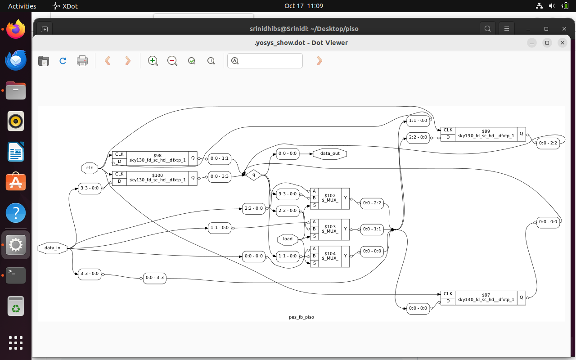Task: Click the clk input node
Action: click(90, 168)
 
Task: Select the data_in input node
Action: click(52, 248)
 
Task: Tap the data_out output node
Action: click(330, 153)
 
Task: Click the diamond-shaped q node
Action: click(253, 175)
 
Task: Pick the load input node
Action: click(288, 239)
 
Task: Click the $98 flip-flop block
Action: click(157, 158)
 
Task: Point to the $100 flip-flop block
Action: click(157, 178)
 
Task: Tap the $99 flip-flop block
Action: click(486, 134)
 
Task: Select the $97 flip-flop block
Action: click(486, 297)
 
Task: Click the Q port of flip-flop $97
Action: click(522, 297)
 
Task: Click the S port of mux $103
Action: click(314, 236)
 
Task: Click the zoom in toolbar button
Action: click(153, 61)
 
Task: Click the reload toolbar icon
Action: click(63, 61)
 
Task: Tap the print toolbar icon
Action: click(82, 61)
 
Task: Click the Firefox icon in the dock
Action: click(16, 29)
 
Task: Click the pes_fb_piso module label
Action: click(301, 317)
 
